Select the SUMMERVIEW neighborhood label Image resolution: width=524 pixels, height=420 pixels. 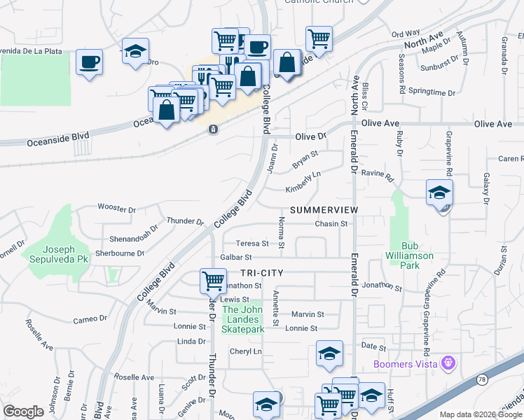coord(324,210)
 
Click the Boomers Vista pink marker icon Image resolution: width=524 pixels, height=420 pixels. coord(449,363)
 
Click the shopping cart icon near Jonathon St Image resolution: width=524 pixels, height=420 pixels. coord(214,281)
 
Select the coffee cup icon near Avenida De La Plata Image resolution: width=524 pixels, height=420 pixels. coord(89,62)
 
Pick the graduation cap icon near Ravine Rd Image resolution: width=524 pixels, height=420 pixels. coord(440,192)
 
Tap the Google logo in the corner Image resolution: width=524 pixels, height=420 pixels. coord(23,412)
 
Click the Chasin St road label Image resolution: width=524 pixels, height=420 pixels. coord(331,224)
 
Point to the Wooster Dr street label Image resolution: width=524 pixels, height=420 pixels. coord(117,209)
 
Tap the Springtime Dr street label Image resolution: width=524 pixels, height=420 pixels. coord(432,92)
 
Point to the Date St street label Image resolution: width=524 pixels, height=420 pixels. coord(373,347)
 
